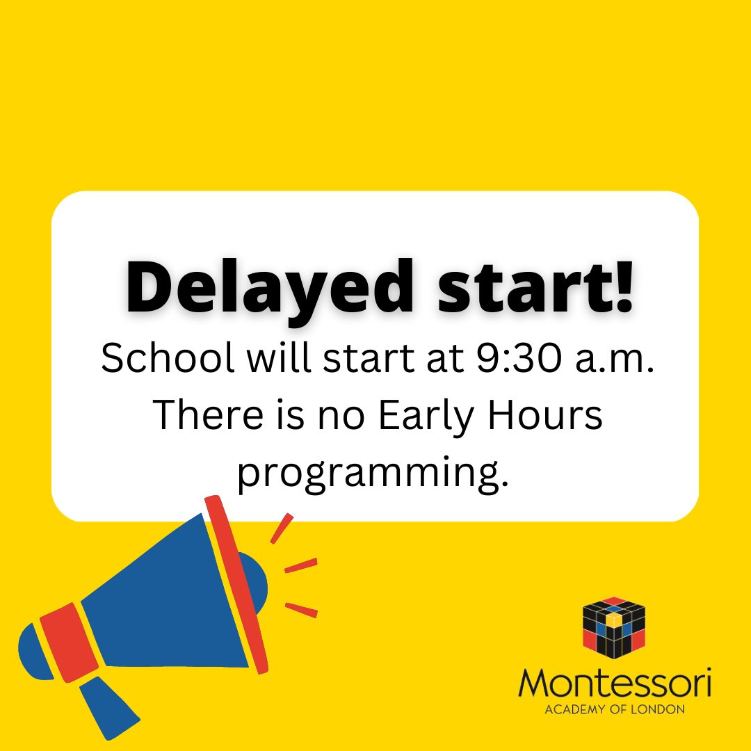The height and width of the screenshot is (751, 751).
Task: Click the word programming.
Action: pyautogui.click(x=368, y=473)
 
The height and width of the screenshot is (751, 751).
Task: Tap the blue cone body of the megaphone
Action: pyautogui.click(x=174, y=598)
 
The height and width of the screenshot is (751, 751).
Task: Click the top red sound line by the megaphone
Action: pyautogui.click(x=282, y=528)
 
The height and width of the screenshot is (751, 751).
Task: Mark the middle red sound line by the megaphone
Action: pyautogui.click(x=301, y=565)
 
